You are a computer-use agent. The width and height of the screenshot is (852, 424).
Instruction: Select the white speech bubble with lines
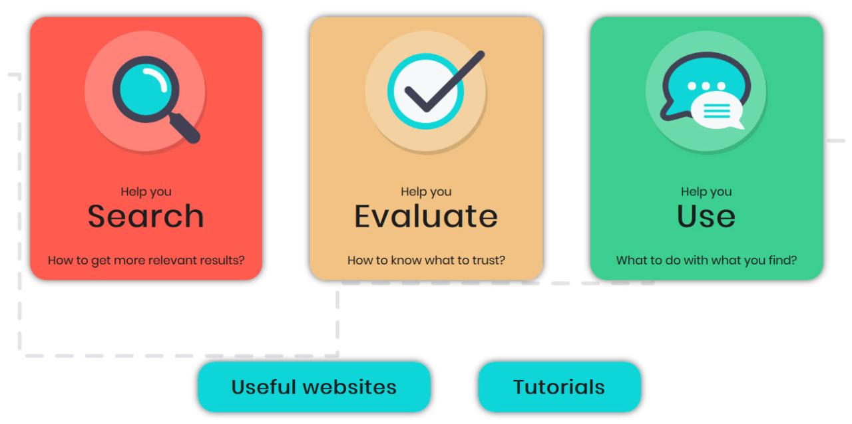[x=717, y=110]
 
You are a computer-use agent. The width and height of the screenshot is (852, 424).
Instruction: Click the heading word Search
[x=146, y=216]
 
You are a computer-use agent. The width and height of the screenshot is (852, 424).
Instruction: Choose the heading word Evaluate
[x=426, y=216]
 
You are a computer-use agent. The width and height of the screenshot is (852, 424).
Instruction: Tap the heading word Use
[x=706, y=216]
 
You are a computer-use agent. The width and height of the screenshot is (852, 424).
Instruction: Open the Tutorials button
[x=559, y=387]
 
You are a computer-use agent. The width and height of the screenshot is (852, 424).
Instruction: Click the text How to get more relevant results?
[x=146, y=260]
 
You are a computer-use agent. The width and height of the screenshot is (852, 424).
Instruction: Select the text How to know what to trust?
[x=426, y=260]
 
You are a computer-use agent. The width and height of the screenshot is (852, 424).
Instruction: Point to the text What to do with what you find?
[x=706, y=260]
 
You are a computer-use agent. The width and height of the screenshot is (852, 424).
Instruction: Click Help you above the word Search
[x=146, y=191]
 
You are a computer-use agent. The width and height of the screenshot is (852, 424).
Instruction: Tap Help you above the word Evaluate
[x=426, y=191]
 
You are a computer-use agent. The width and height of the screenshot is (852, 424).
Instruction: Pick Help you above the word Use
[x=706, y=191]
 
